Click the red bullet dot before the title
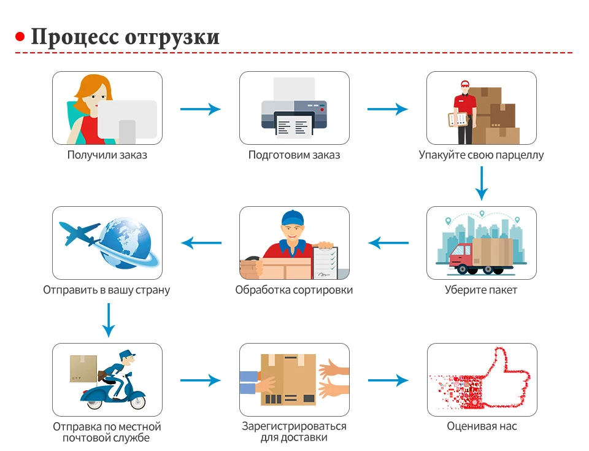[20, 37]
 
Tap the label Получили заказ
[107, 155]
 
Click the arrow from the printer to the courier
[387, 109]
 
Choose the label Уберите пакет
[481, 290]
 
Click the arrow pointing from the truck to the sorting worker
[388, 244]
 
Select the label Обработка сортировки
[294, 290]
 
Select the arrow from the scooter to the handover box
[200, 380]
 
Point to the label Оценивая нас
[482, 426]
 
